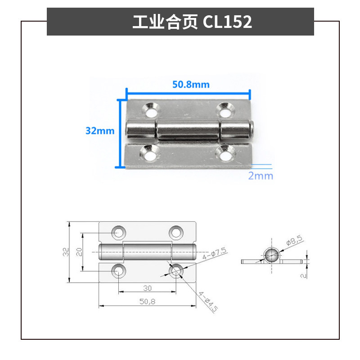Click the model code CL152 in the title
pyautogui.click(x=227, y=22)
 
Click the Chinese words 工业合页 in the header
pyautogui.click(x=165, y=22)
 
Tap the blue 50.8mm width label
pyautogui.click(x=191, y=84)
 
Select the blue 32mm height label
pyautogui.click(x=100, y=131)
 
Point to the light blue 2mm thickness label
pyautogui.click(x=261, y=175)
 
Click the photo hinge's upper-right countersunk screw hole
pyautogui.click(x=225, y=108)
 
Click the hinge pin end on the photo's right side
pyautogui.click(x=252, y=130)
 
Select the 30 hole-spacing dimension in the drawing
pyautogui.click(x=147, y=288)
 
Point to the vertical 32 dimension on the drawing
pyautogui.click(x=66, y=252)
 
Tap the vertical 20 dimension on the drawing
pyautogui.click(x=79, y=252)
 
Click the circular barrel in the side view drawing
pyautogui.click(x=272, y=256)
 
